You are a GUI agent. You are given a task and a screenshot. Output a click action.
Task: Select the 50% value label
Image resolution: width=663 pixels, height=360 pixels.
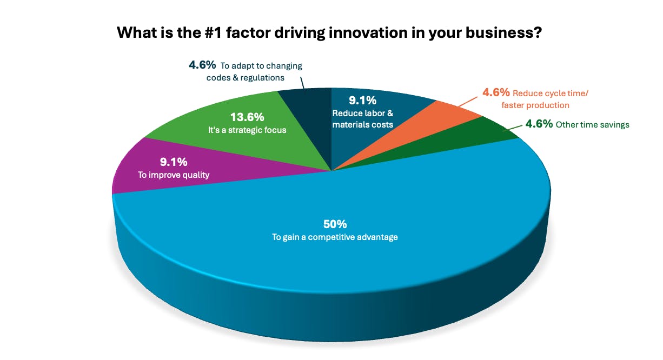[x=335, y=224]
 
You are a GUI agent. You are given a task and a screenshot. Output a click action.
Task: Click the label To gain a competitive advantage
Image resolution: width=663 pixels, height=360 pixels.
[x=335, y=237]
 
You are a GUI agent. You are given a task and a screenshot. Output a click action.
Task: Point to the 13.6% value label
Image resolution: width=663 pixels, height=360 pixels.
[x=247, y=117]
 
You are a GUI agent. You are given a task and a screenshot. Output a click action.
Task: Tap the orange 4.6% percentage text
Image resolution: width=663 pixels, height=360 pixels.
[x=496, y=93]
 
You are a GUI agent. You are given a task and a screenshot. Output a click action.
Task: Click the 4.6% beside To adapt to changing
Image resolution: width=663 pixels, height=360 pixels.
[x=202, y=65]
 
